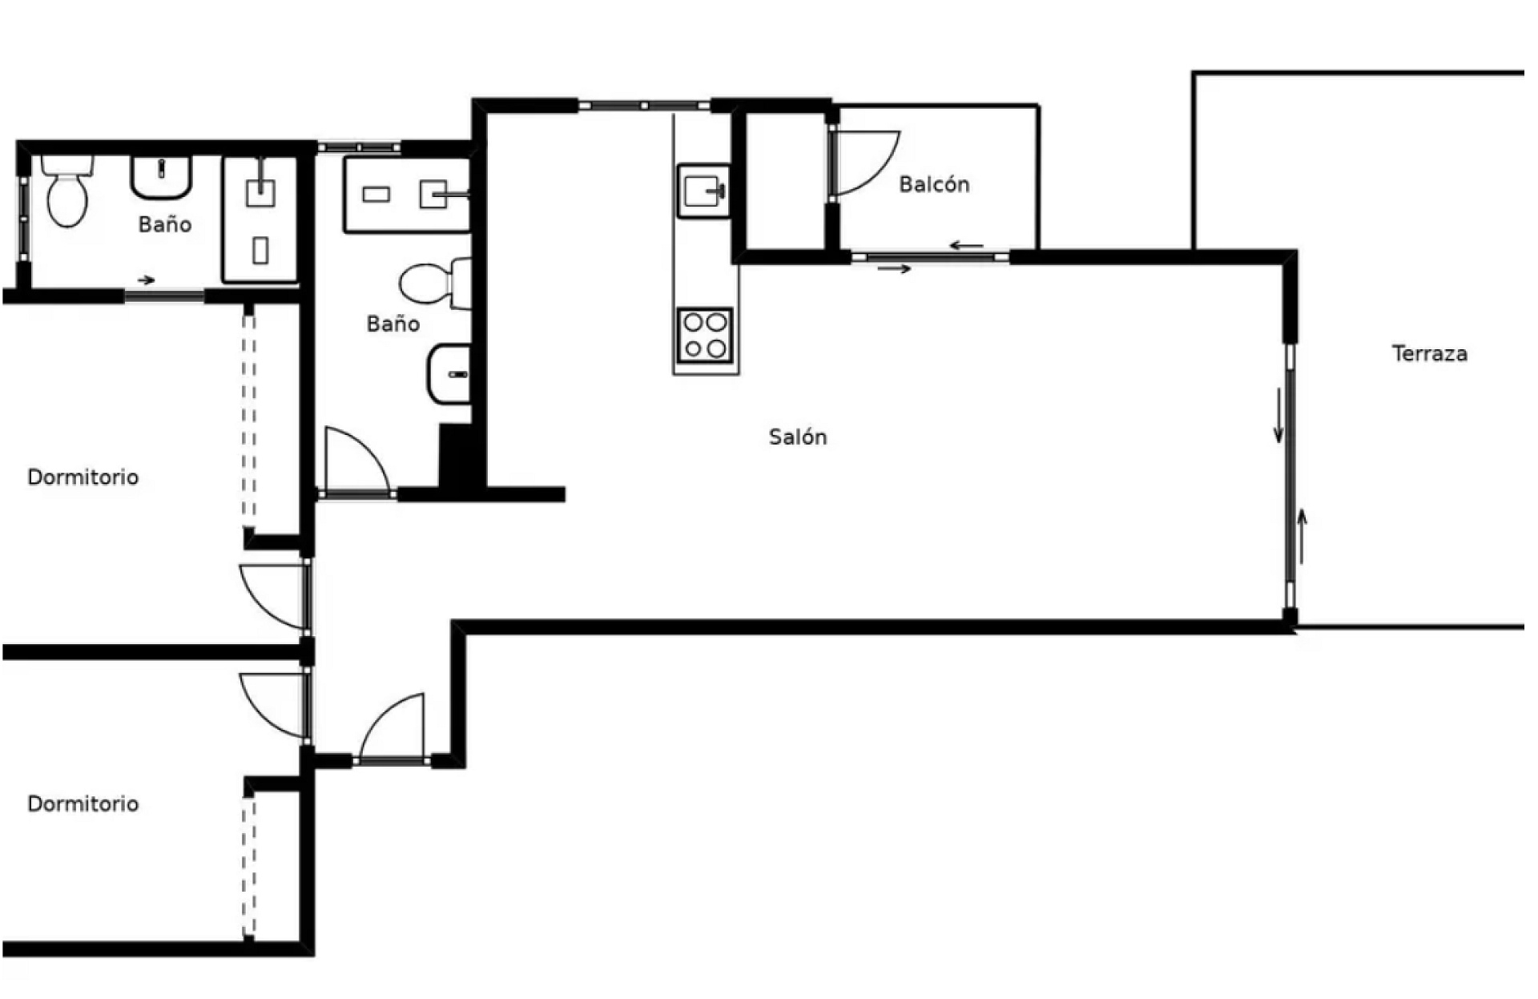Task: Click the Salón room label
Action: (798, 437)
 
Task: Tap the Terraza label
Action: (1430, 353)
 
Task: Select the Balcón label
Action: (934, 184)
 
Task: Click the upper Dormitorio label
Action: (83, 477)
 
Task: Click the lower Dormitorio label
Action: (83, 804)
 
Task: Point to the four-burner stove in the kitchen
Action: (705, 335)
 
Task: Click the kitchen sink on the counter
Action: (704, 191)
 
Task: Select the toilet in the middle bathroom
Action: (436, 283)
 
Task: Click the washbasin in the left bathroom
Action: (162, 177)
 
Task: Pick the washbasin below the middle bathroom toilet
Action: (449, 373)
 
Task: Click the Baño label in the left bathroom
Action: (165, 224)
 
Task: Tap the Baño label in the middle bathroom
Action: (393, 324)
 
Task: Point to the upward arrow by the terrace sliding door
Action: (1302, 536)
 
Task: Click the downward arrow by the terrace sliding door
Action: (1278, 415)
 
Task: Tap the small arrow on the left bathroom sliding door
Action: (146, 280)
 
